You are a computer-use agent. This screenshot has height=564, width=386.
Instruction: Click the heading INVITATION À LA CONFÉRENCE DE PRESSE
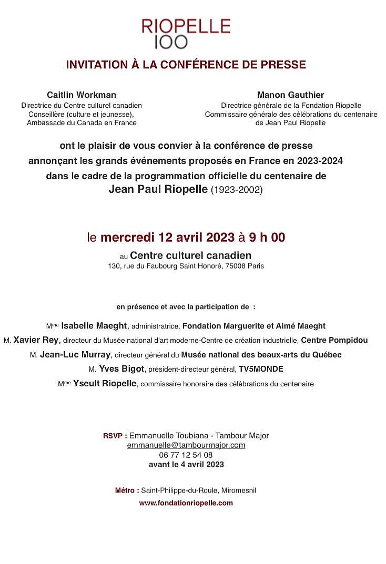tap(186, 65)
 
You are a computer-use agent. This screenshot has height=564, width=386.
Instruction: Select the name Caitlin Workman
tap(82, 95)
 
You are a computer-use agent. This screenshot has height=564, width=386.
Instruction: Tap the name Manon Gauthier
tap(290, 95)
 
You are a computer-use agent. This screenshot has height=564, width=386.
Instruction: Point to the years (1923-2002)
tap(236, 190)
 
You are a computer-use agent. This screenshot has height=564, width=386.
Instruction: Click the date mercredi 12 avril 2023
tap(167, 238)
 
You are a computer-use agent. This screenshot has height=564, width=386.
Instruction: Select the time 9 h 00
tap(267, 238)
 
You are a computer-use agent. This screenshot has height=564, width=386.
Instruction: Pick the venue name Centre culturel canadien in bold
tap(190, 255)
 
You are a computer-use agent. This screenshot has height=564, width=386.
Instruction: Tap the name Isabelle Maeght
tap(94, 326)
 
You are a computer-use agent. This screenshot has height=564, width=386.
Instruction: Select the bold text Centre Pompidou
tap(334, 340)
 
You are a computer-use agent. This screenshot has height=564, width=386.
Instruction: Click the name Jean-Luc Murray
tap(75, 355)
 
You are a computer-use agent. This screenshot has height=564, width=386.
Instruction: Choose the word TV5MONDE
tap(261, 369)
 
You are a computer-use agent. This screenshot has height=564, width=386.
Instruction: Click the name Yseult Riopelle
tap(105, 384)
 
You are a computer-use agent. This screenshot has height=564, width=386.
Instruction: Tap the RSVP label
tap(115, 436)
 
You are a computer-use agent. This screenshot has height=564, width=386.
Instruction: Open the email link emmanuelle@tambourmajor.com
tap(186, 445)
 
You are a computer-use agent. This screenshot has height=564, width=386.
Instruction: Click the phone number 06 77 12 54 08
tap(186, 455)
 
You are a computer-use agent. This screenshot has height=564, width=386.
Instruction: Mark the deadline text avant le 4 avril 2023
tap(186, 464)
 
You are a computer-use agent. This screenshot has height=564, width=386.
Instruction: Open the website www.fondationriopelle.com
tap(186, 503)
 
